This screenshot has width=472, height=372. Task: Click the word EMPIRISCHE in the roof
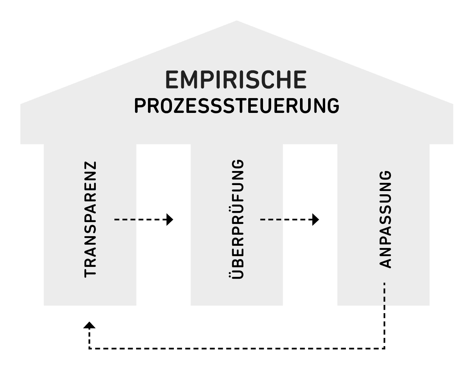[x=236, y=80]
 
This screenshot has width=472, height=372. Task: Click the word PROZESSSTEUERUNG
[x=236, y=106]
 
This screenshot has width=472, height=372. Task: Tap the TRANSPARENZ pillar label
[x=90, y=219]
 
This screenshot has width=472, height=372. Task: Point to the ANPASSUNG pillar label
[x=385, y=219]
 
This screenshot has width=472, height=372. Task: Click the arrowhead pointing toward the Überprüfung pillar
[x=170, y=219]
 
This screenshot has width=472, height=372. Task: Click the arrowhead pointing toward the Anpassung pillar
[x=316, y=219]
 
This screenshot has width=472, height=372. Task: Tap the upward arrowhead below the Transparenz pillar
[x=89, y=325]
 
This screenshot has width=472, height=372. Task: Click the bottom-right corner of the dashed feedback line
[x=385, y=348]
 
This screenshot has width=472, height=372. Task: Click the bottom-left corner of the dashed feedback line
[x=89, y=348]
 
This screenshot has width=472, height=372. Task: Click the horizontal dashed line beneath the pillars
[x=237, y=348]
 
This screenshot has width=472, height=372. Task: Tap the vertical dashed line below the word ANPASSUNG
[x=385, y=315]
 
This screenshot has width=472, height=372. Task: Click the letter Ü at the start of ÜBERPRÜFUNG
[x=236, y=273]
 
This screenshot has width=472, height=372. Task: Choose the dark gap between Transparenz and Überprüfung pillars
[x=163, y=259]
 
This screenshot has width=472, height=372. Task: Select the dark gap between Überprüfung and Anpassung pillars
[x=310, y=259]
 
